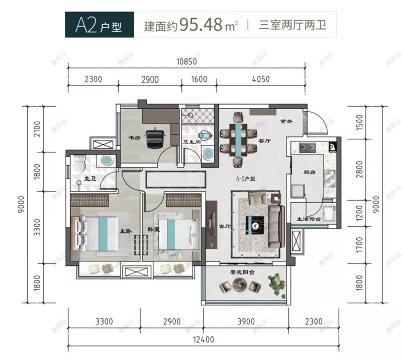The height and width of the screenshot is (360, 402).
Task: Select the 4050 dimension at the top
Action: pyautogui.click(x=260, y=79)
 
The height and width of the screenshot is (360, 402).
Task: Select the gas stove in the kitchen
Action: pyautogui.click(x=306, y=147)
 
